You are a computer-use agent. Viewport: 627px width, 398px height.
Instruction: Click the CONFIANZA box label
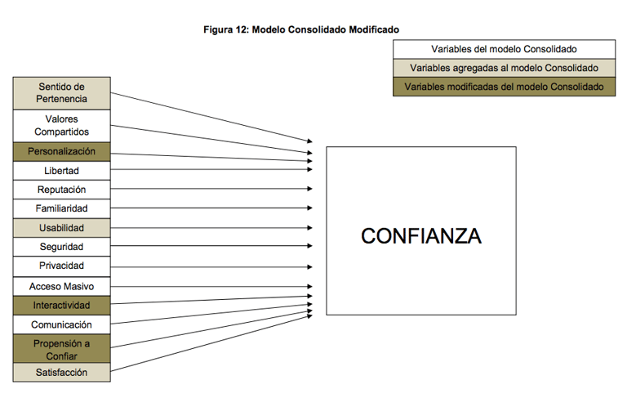(420, 236)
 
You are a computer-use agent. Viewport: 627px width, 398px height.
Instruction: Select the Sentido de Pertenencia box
(61, 93)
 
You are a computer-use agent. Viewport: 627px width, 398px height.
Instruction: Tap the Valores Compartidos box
(61, 125)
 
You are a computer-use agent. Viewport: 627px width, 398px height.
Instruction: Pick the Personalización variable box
(61, 151)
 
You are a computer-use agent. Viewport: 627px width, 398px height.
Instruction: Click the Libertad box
(61, 171)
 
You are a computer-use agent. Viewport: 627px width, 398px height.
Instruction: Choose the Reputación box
(61, 190)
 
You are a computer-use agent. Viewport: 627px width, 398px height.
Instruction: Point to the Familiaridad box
(61, 208)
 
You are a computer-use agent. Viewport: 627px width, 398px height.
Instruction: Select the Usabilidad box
(61, 227)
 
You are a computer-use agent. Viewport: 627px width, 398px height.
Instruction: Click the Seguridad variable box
(61, 246)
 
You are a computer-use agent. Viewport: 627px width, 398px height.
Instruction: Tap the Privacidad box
(61, 266)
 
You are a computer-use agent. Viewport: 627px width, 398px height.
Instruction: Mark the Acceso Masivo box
(61, 286)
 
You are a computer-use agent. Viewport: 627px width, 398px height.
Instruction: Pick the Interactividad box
(61, 305)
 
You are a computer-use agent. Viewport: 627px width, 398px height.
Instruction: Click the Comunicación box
(61, 324)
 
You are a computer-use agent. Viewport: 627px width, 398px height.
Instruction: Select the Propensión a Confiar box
(61, 349)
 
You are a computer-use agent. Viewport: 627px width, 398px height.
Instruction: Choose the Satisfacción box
(61, 373)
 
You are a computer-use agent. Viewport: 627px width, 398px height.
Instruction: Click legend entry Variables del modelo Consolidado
(504, 49)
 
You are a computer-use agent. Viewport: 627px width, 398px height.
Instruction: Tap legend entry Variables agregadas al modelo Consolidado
(504, 68)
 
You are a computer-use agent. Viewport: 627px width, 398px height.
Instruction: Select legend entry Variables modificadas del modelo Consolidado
(504, 87)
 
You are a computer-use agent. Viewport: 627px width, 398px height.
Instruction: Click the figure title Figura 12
(301, 29)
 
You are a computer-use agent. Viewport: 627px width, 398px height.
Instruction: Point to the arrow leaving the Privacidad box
(212, 266)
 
